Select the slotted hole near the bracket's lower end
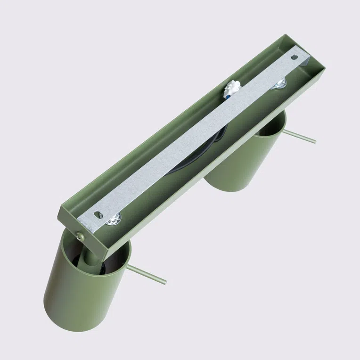(x=99, y=214)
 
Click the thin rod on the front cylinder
(x=146, y=274)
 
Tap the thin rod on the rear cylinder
(x=299, y=137)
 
